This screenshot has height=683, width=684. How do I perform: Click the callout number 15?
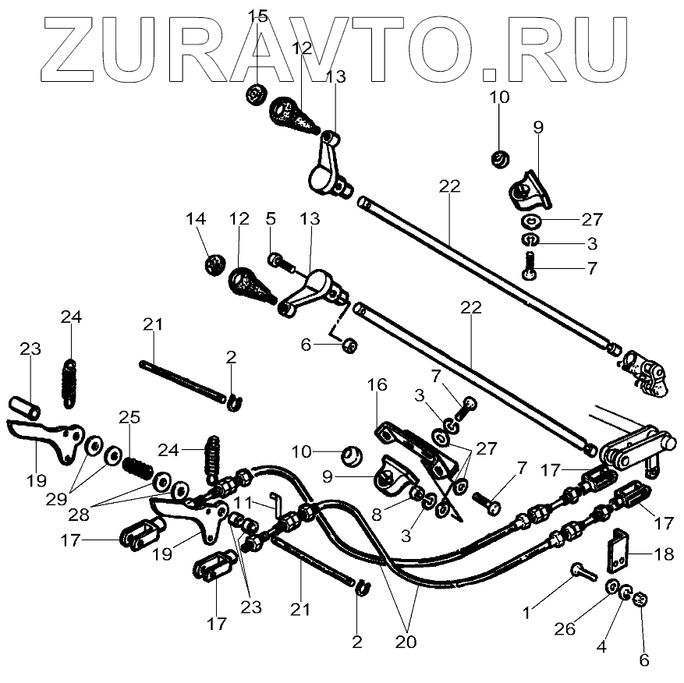pos(257,16)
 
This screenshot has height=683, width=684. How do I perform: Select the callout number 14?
pos(196,220)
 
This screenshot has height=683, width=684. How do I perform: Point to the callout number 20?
pos(406,643)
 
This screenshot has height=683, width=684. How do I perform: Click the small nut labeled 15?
pos(255,94)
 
